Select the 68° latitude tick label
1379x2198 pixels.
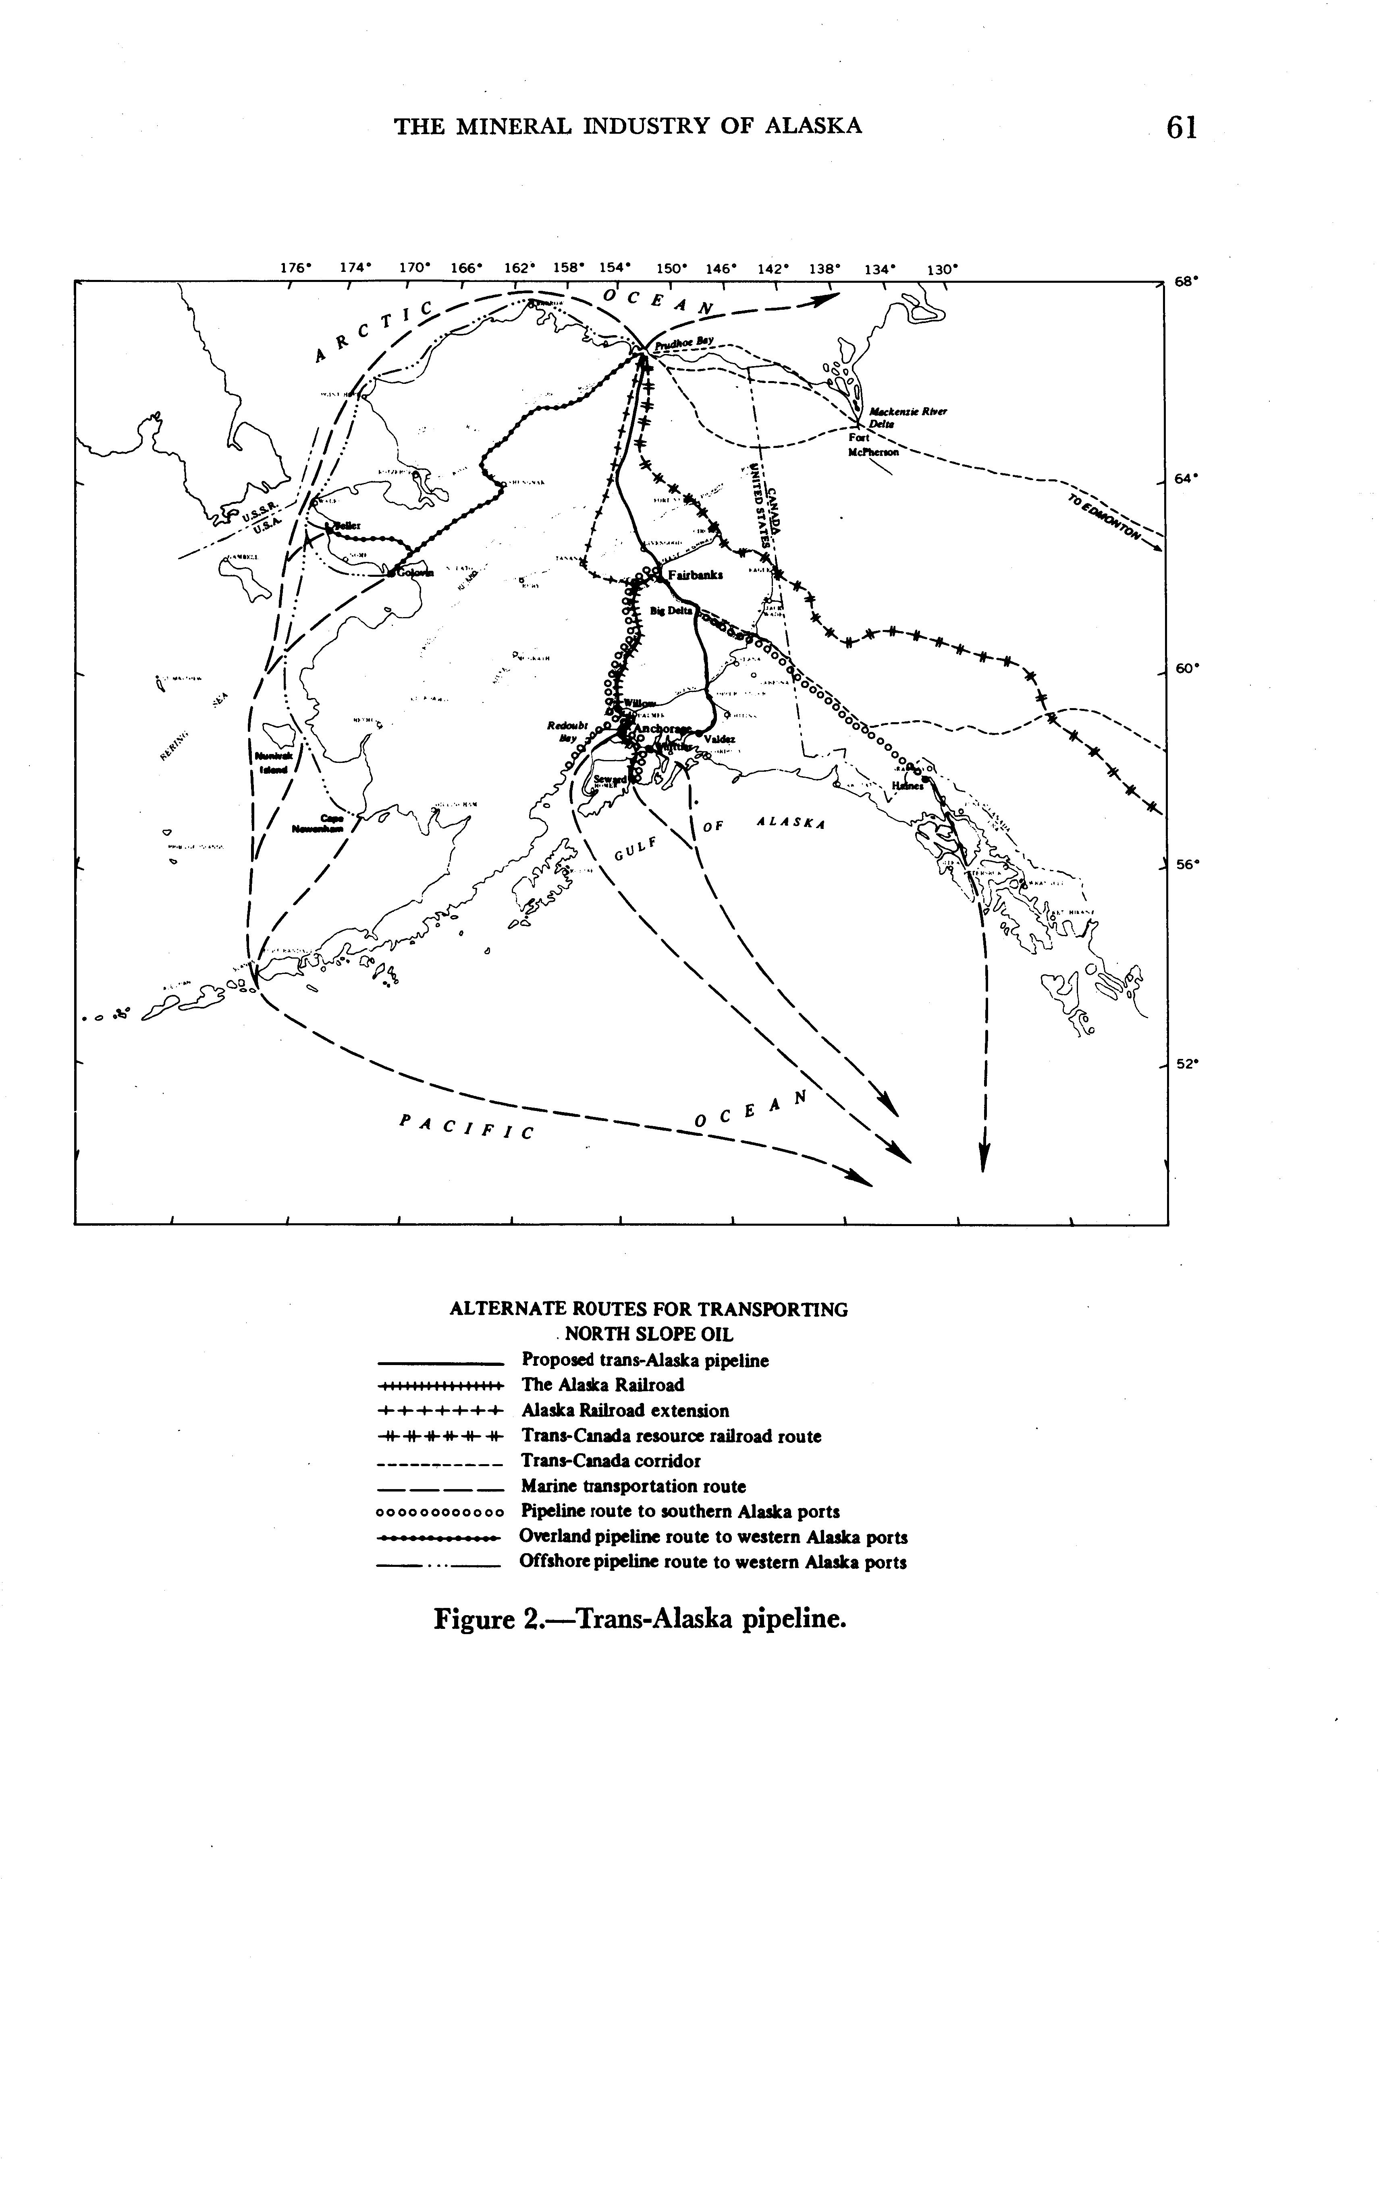(1184, 283)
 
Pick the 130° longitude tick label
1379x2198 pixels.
(942, 269)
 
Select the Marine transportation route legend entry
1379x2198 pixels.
(633, 1486)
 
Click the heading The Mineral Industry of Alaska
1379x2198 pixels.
(627, 126)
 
